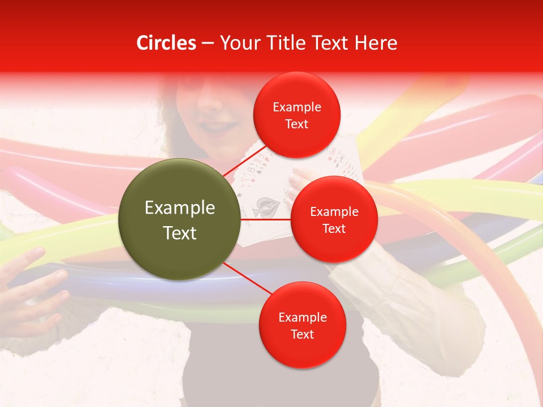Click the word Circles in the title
point(166,43)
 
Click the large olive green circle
point(179,219)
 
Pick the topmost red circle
point(296,115)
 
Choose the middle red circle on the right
point(334,219)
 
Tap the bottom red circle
point(302,326)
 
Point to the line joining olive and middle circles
point(265,219)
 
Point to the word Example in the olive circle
point(180,208)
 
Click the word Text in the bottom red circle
point(302,334)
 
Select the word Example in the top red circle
point(297,107)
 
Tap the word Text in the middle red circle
point(334,228)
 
